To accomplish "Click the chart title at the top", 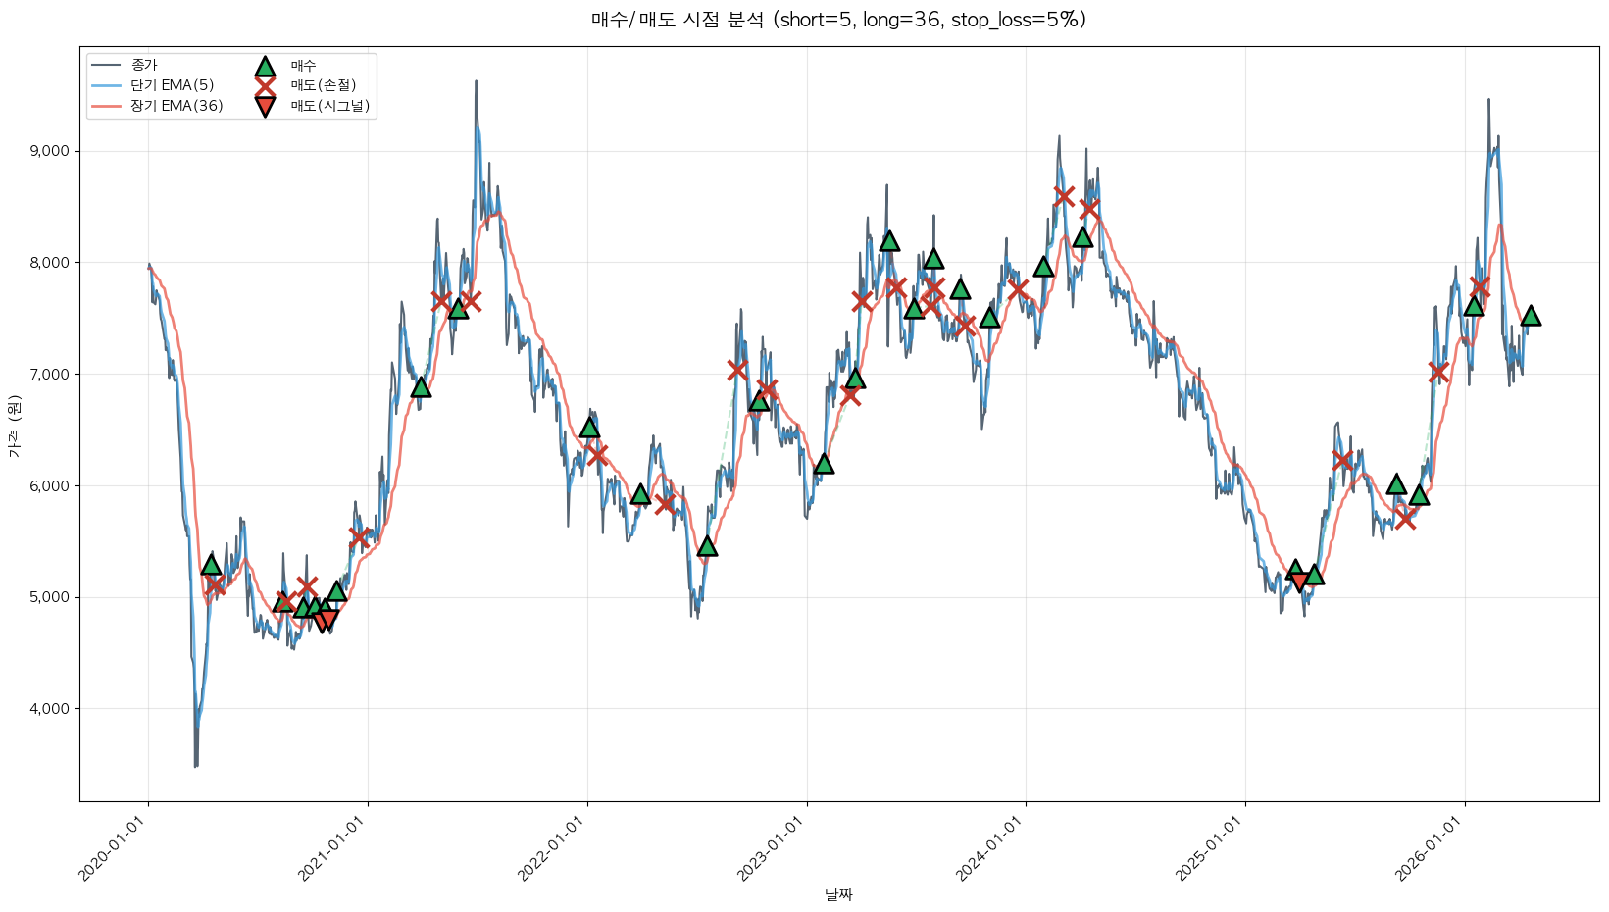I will [838, 20].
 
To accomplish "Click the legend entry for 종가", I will [144, 65].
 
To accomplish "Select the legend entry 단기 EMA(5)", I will [172, 85].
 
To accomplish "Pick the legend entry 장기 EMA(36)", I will [176, 106].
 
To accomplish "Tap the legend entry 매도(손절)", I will [323, 85].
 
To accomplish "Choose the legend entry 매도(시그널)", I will [329, 106].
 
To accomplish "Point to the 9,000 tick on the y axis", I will [50, 151].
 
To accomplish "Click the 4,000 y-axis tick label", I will [50, 709].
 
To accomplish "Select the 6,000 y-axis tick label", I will [50, 485].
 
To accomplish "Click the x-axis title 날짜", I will [838, 894].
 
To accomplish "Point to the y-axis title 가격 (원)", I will [14, 427].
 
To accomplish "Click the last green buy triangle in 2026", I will [1531, 315].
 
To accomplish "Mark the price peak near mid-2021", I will [476, 81].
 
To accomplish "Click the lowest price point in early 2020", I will [196, 766].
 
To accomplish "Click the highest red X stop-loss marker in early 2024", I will [1064, 196].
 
